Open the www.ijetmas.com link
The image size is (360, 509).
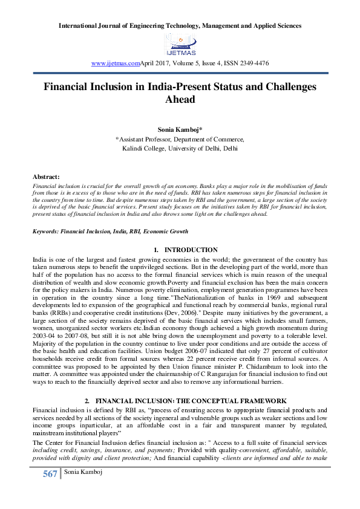click(x=115, y=63)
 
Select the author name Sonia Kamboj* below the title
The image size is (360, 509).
click(x=180, y=129)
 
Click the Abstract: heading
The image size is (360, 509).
click(x=46, y=175)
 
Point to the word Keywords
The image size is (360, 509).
click(x=46, y=232)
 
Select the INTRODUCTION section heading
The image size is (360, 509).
click(x=191, y=250)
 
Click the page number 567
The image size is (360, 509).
click(x=50, y=490)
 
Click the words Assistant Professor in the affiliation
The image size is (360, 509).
click(x=145, y=138)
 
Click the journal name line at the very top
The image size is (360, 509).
click(x=180, y=26)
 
